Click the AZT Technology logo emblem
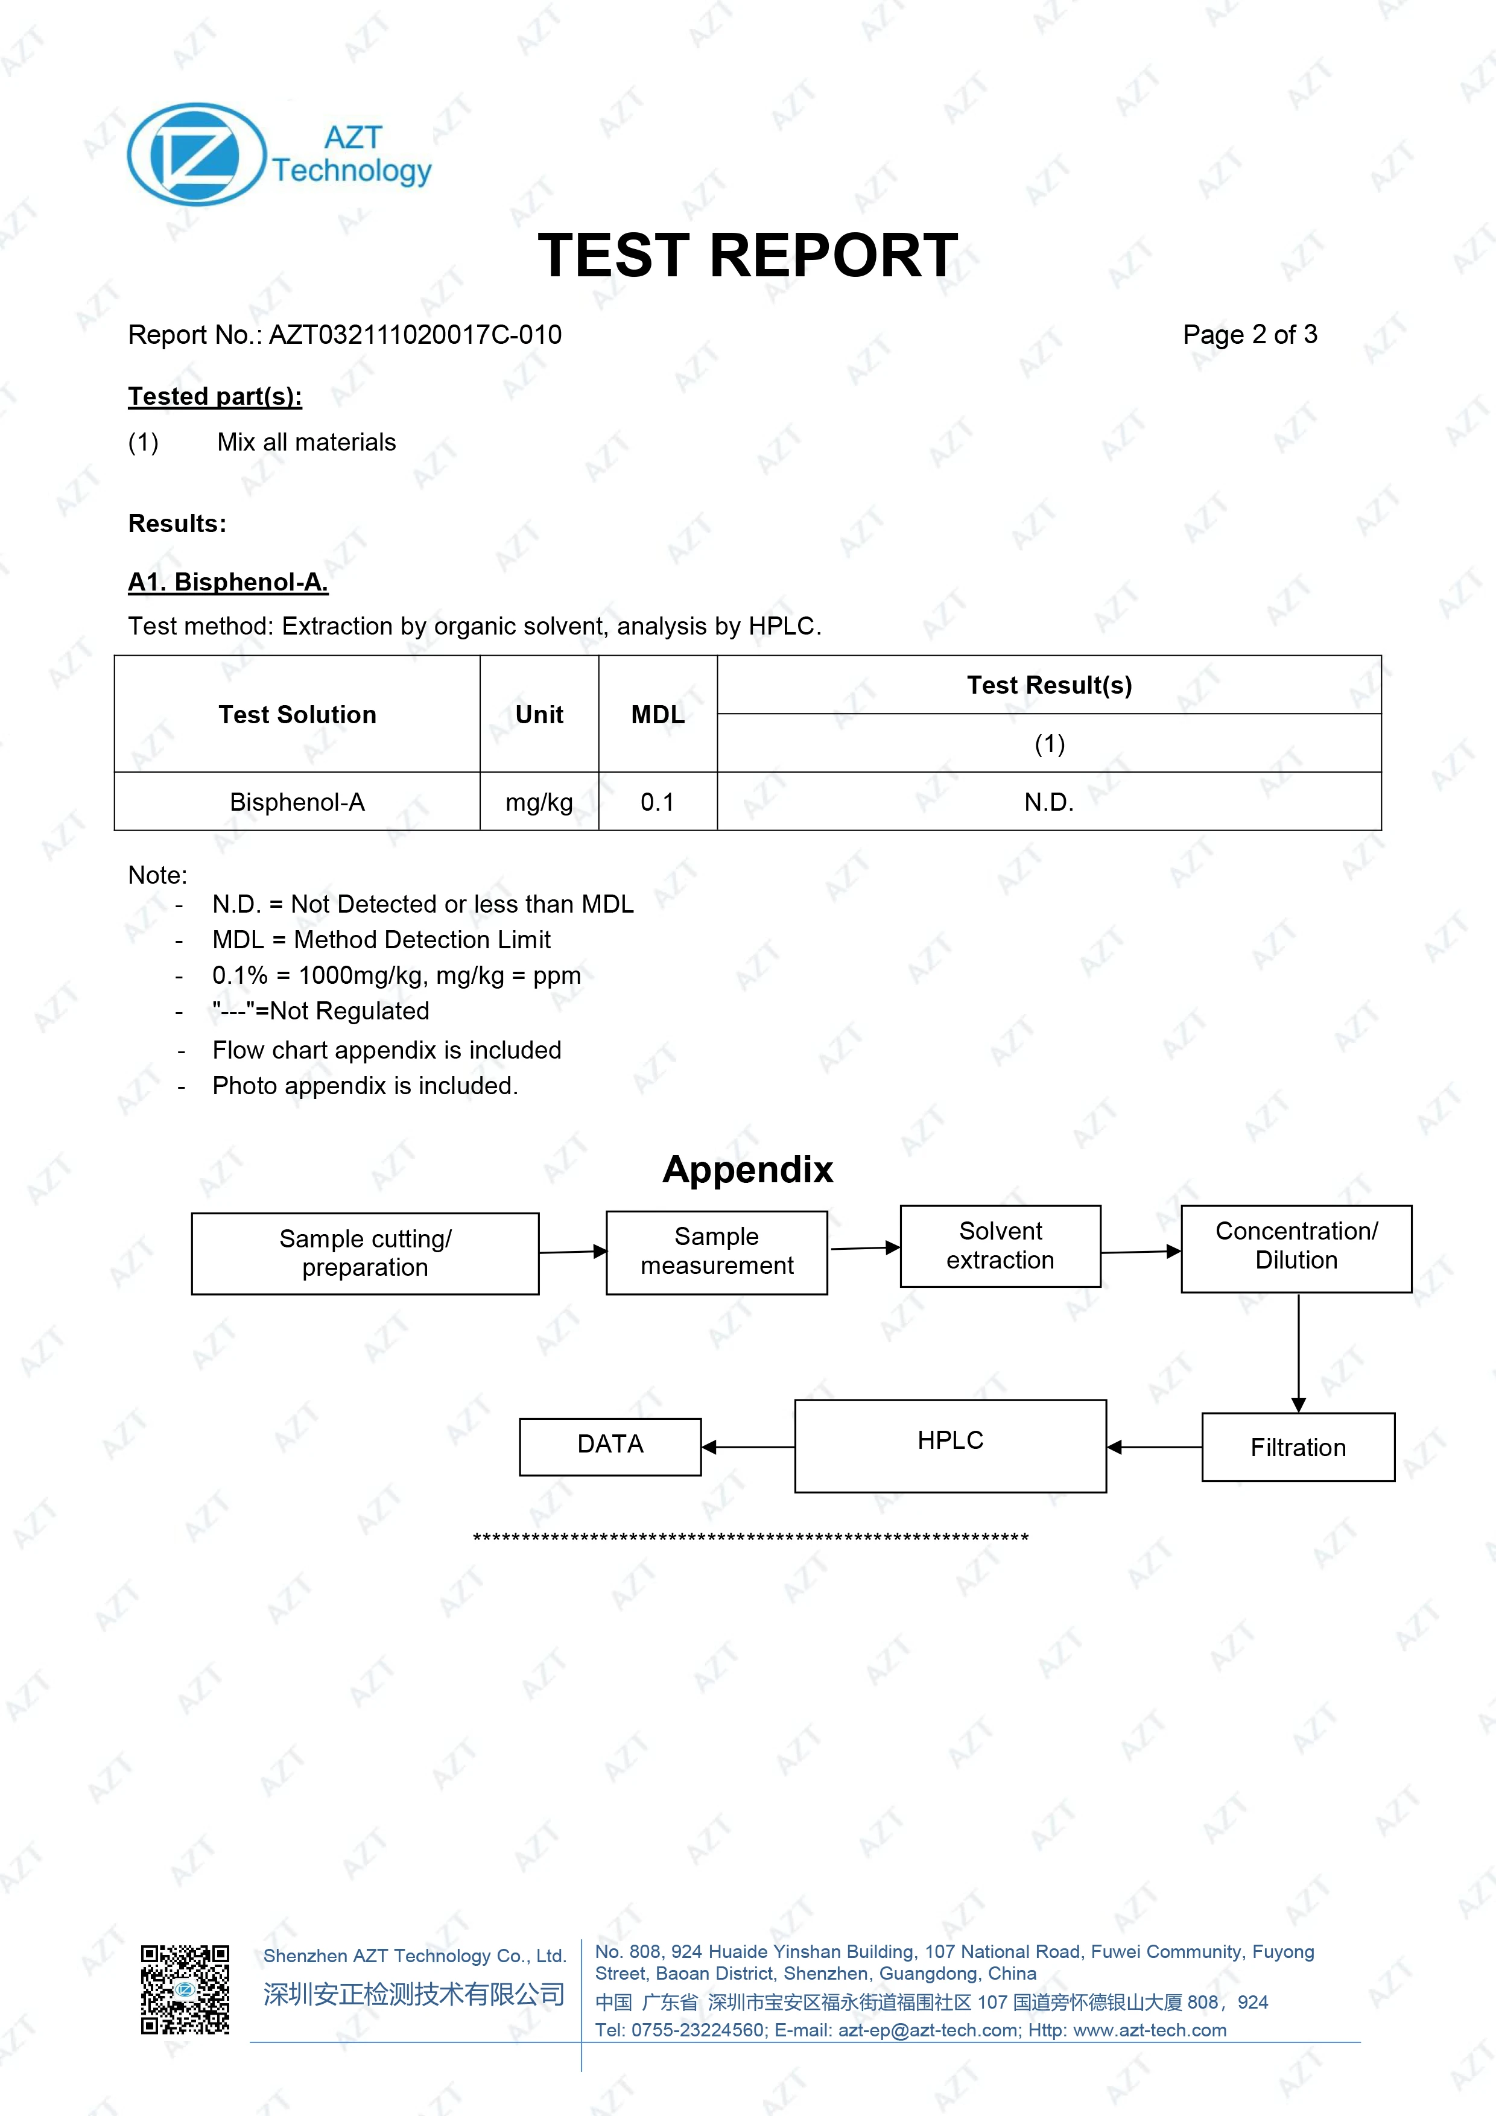click(196, 154)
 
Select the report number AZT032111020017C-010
click(415, 335)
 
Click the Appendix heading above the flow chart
click(747, 1170)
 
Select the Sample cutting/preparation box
click(365, 1253)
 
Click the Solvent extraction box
click(1000, 1246)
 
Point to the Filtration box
click(1298, 1447)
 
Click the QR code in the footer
click(185, 1989)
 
